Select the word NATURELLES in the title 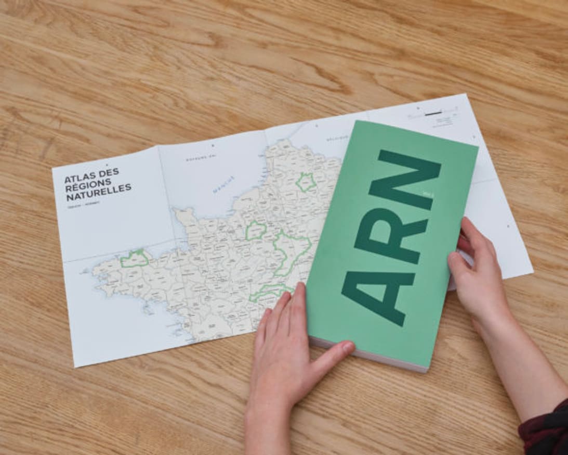tap(99, 197)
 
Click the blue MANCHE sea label tap(223, 184)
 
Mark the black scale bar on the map tap(432, 113)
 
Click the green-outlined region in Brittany tap(135, 258)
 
